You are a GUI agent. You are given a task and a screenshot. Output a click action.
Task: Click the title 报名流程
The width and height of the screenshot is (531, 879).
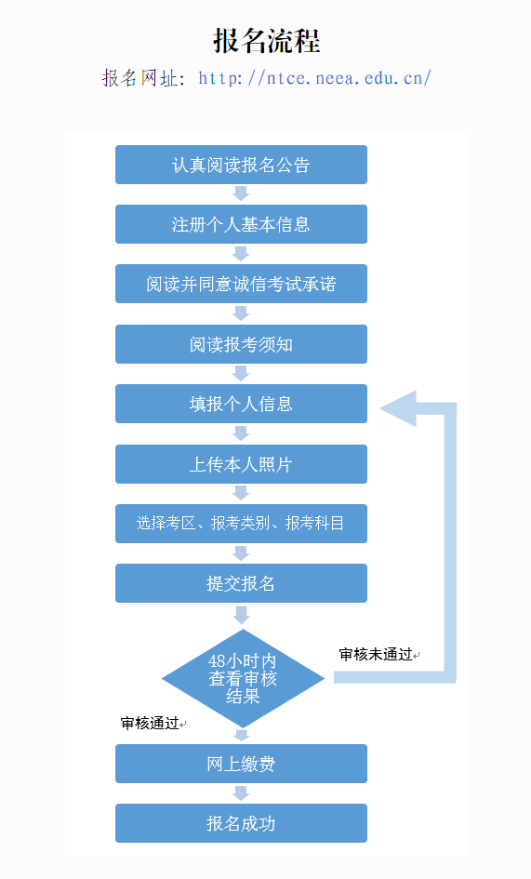point(266,41)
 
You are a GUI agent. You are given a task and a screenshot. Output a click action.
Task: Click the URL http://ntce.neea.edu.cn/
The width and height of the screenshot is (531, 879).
point(314,78)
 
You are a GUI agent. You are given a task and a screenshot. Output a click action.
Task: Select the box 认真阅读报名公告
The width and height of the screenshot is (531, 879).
point(241,165)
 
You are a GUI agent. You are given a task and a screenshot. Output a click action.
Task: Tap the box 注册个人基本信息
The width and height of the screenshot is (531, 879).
point(241,224)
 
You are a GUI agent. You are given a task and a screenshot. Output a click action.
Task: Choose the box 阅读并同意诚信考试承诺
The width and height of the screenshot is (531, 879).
point(241,285)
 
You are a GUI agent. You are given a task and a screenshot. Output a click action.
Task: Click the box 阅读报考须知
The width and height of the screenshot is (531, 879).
point(241,344)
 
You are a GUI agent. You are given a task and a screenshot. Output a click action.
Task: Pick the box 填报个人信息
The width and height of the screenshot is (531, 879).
point(241,404)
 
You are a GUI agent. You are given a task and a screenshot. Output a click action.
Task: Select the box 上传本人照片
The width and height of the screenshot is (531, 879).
point(241,464)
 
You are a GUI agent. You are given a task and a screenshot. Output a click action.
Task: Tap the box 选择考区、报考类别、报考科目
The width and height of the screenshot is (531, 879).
point(241,524)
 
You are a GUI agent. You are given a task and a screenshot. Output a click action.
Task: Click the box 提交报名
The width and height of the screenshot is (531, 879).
point(241,583)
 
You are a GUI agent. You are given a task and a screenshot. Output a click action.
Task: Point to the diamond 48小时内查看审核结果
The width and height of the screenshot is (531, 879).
point(243,678)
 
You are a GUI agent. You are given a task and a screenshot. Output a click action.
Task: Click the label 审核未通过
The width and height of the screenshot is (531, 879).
point(376,654)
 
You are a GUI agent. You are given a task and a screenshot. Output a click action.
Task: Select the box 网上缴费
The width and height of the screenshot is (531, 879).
point(241,764)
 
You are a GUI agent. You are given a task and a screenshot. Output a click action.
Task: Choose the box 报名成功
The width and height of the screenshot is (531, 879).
point(241,823)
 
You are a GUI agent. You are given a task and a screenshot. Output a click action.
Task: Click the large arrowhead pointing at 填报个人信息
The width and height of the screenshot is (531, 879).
point(399,408)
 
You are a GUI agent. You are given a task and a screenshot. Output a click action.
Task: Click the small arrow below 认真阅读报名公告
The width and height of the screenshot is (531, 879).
point(241,193)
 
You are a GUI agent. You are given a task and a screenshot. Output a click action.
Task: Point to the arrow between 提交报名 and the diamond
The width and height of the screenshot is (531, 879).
point(242,615)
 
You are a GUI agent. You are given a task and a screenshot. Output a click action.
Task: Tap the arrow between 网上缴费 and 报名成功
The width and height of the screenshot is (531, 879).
point(241,793)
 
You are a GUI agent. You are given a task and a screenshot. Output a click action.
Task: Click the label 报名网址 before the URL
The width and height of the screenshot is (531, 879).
point(142,78)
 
